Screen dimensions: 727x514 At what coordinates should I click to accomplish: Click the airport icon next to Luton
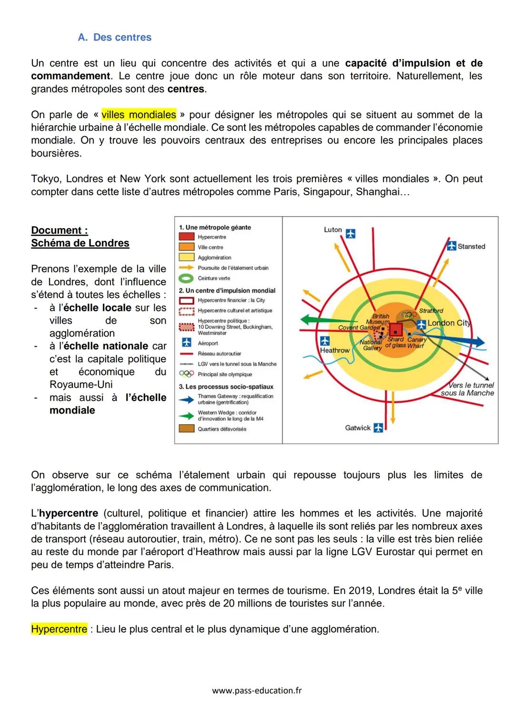click(351, 233)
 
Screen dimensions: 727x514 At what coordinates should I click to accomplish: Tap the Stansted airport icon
click(451, 246)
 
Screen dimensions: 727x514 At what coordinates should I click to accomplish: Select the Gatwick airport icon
click(378, 428)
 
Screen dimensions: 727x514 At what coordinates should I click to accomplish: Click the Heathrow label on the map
click(335, 350)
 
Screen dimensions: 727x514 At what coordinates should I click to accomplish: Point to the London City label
click(448, 323)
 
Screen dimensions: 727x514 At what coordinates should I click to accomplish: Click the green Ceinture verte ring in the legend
click(186, 278)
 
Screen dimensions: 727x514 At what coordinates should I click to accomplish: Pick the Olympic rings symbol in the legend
click(186, 374)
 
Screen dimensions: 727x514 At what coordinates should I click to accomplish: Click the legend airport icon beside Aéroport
click(186, 343)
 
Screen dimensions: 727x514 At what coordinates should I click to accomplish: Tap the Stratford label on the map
click(431, 310)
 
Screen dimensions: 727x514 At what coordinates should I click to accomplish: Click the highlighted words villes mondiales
click(138, 115)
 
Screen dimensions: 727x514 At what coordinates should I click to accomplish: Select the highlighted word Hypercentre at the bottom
click(59, 629)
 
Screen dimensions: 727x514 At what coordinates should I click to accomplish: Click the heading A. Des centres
click(115, 37)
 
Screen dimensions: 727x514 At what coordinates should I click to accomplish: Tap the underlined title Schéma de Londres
click(80, 243)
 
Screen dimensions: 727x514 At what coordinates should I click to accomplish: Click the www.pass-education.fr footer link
click(257, 690)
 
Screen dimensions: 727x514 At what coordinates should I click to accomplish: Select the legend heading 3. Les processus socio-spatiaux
click(226, 387)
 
